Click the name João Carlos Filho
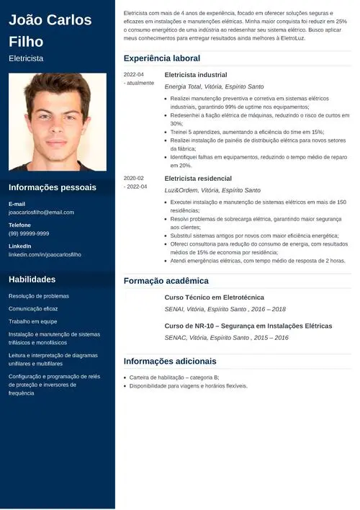click(50, 30)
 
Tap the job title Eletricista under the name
click(26, 58)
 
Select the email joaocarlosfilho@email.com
click(41, 212)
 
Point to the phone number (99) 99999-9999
click(29, 233)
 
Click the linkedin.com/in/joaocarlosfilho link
click(45, 255)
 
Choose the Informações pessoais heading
click(53, 187)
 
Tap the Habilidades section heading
click(32, 279)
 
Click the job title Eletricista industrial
click(196, 75)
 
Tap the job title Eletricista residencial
click(198, 179)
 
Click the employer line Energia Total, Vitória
click(214, 86)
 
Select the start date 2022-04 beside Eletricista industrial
click(134, 75)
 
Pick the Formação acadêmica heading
click(166, 281)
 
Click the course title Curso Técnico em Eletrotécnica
click(215, 297)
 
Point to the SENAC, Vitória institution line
click(226, 337)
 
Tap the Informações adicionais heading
click(170, 361)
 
